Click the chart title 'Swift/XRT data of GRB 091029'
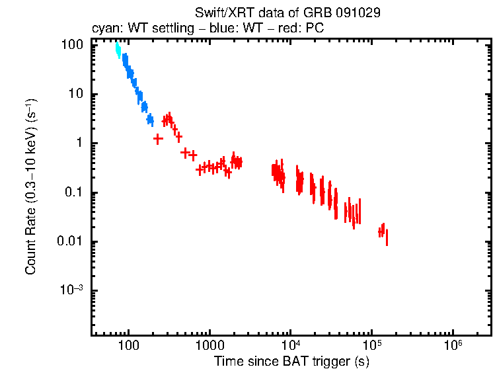tap(287, 13)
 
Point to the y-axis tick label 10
tap(76, 94)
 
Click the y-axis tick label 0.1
tap(73, 193)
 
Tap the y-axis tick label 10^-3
tap(72, 291)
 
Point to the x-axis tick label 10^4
tap(291, 345)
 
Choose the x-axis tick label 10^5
tap(372, 345)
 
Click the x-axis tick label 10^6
tap(453, 345)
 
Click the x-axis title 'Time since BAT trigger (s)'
tap(291, 361)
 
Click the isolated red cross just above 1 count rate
tap(158, 139)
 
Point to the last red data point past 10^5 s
tap(387, 237)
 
